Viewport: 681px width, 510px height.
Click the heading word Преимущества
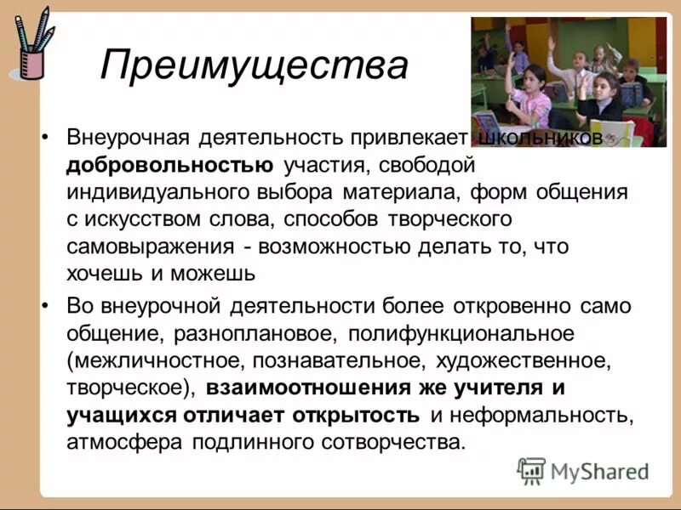254,65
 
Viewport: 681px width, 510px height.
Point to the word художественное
524,360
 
